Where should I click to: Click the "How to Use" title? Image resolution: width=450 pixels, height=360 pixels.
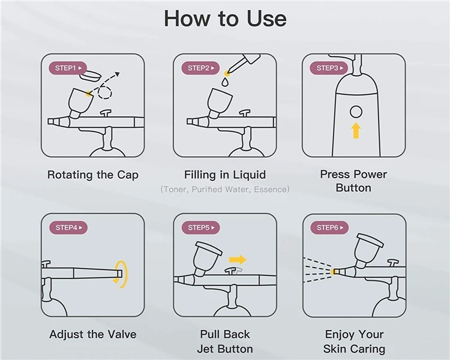point(225,19)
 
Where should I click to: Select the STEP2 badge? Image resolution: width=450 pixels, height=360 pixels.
point(200,68)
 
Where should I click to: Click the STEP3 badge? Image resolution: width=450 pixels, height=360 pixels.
point(330,68)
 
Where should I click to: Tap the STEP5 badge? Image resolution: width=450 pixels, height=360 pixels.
point(200,227)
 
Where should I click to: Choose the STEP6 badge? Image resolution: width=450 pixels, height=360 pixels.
point(330,227)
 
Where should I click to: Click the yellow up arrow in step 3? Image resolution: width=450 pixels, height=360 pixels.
point(356,130)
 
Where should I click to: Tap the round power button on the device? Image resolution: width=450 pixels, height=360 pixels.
point(356,112)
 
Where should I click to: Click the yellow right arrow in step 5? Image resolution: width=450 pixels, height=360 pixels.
point(238,260)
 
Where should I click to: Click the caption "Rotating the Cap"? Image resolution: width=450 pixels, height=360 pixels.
point(93,175)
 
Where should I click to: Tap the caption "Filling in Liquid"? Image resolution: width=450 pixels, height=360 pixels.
point(225,175)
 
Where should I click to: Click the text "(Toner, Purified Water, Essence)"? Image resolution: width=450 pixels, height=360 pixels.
point(225,190)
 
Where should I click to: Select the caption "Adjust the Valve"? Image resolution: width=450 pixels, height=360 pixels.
point(93,334)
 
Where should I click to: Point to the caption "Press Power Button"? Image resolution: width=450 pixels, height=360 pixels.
point(353,181)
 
